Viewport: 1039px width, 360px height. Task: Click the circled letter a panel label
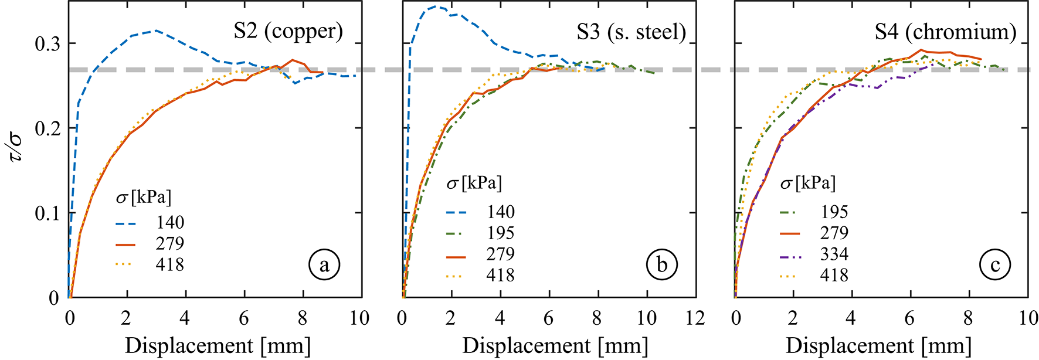coord(324,266)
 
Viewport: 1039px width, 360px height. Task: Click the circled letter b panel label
coord(661,266)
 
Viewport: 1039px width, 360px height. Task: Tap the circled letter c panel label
coord(995,266)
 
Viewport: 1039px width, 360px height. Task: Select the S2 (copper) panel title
coord(288,31)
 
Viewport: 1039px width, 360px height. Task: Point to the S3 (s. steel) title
coord(631,32)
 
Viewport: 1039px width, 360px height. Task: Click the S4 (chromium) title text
coord(945,32)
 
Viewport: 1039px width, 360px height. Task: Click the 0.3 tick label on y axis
coord(47,44)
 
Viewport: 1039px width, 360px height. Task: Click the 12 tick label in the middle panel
coord(695,318)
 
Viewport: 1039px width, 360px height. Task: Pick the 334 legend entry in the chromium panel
coord(834,254)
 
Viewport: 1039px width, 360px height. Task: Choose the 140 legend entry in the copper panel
coord(169,223)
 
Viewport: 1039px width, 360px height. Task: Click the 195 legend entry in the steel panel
coord(500,233)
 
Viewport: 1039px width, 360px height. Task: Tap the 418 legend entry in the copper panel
coord(169,265)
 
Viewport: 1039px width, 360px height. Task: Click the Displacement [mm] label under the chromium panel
coord(878,346)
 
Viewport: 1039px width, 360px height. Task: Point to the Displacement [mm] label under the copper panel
coord(218,346)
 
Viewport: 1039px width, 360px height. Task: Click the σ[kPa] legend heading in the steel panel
coord(474,184)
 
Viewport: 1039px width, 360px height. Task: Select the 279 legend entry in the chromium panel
coord(834,233)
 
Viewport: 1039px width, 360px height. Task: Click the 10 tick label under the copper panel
coord(359,318)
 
